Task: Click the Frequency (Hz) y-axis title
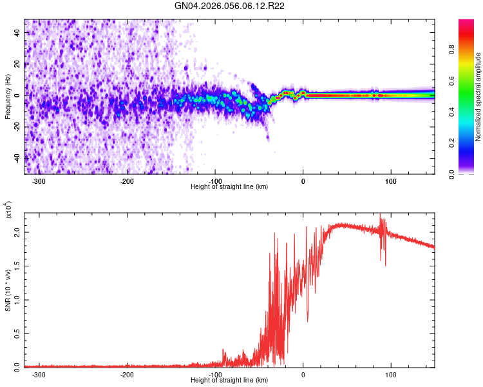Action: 8,97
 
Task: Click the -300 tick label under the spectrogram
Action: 39,181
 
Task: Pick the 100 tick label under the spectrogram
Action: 390,181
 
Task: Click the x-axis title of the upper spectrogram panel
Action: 229,187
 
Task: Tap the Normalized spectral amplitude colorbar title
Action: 478,97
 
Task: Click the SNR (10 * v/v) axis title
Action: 8,290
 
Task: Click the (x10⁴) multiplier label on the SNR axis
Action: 9,210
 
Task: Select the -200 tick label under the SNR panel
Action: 127,375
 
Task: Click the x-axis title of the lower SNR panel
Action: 229,381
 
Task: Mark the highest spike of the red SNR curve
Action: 380,215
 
